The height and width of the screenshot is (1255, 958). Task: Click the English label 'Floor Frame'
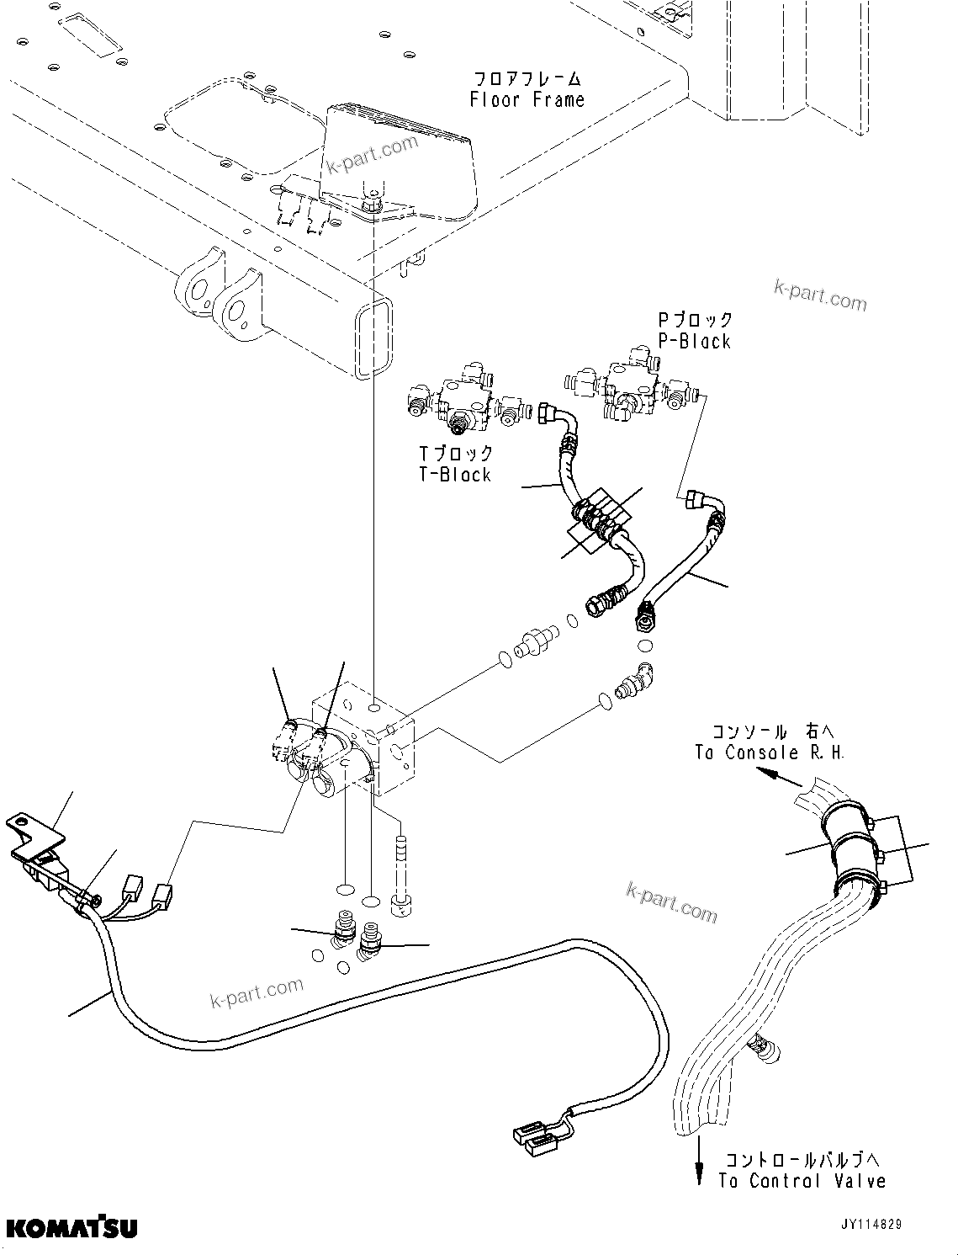tap(527, 100)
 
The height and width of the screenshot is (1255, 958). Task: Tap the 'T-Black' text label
tap(455, 475)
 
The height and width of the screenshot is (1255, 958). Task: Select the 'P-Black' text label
tap(694, 341)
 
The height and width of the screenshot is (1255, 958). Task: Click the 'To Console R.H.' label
tap(769, 752)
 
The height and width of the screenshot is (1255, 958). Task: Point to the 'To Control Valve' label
tap(802, 1181)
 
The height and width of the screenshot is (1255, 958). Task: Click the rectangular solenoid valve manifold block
tap(370, 741)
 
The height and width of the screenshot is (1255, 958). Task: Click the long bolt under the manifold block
tap(401, 875)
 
